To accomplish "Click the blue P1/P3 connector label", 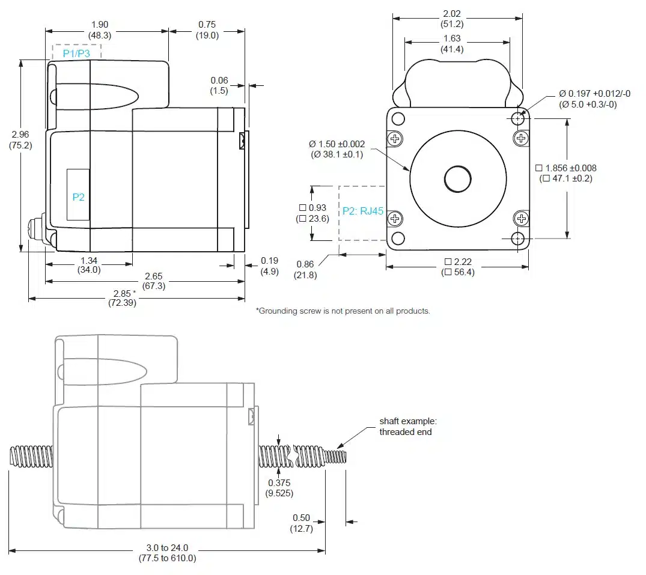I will (76, 53).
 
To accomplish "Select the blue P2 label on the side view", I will (79, 197).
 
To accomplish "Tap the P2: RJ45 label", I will (363, 211).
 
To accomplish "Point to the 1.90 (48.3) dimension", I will (99, 29).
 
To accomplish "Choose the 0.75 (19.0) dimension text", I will (207, 29).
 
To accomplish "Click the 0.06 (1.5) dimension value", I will (219, 85).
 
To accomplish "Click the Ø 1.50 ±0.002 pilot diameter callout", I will (337, 149).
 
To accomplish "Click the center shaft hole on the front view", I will (459, 178).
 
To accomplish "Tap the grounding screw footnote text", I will (343, 311).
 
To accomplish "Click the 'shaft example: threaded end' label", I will (405, 427).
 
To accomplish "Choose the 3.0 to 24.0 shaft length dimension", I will (167, 553).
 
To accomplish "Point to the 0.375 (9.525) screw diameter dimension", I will (279, 488).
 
